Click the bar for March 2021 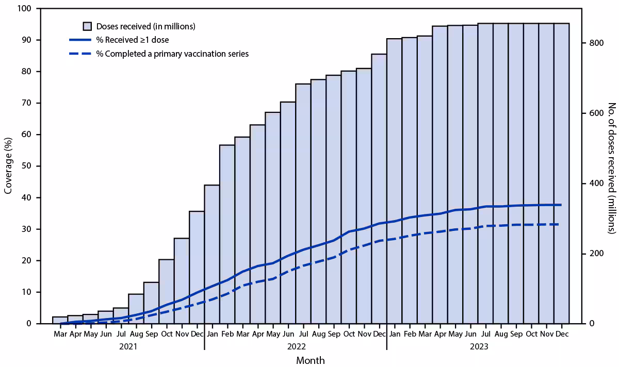pos(60,320)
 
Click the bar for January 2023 pos(394,181)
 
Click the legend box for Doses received pos(87,26)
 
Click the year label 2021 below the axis pos(128,346)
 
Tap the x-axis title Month pos(311,360)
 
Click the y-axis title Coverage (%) pos(8,166)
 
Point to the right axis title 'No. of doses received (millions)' pos(611,166)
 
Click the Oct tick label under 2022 pos(349,334)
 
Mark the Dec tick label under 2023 pos(562,334)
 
